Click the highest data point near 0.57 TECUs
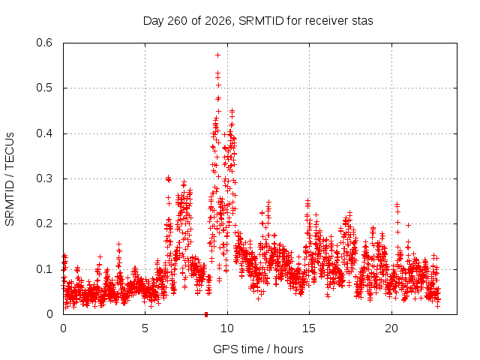click(218, 55)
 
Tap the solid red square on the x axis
click(206, 314)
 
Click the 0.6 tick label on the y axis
click(44, 43)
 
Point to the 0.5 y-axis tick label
click(44, 88)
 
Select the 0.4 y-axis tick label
click(44, 133)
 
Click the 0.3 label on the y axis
click(44, 178)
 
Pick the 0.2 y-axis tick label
click(44, 223)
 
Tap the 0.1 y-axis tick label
click(44, 269)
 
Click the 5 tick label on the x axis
click(145, 328)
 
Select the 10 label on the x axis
click(226, 328)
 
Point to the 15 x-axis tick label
click(309, 328)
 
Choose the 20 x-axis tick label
click(391, 328)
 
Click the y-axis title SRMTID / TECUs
click(10, 179)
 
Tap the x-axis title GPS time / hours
click(258, 349)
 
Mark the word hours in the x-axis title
click(288, 349)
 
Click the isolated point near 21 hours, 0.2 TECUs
click(408, 226)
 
